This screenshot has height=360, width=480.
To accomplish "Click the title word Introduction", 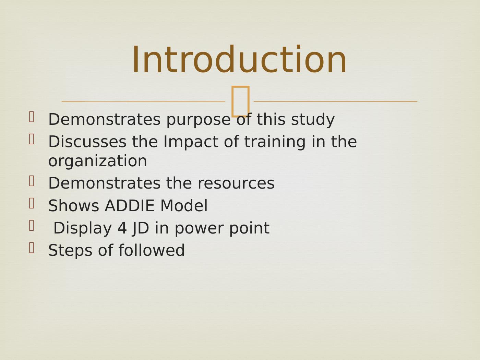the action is click(x=239, y=59).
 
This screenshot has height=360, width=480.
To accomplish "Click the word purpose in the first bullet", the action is click(x=199, y=120).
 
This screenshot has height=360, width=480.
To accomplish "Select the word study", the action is click(x=313, y=120).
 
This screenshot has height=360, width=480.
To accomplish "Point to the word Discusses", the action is click(x=87, y=142).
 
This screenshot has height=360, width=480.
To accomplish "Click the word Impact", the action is click(x=191, y=142).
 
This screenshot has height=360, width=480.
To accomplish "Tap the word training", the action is click(x=275, y=142).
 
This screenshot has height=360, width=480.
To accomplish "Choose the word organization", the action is click(x=97, y=161).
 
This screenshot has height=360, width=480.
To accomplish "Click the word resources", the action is click(x=236, y=183).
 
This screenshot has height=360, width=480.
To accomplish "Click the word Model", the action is click(x=184, y=206).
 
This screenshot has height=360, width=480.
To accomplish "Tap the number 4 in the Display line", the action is click(x=122, y=228).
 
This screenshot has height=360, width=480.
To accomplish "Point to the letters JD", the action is click(x=141, y=229).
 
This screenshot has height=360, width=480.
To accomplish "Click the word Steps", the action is click(x=70, y=251).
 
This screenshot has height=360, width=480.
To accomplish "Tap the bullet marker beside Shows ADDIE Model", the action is click(x=32, y=203).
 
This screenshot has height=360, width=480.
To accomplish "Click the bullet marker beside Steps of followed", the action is click(x=32, y=248).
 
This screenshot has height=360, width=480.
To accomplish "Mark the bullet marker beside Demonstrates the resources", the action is click(x=32, y=181).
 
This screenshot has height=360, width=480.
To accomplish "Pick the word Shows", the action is click(x=74, y=206).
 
